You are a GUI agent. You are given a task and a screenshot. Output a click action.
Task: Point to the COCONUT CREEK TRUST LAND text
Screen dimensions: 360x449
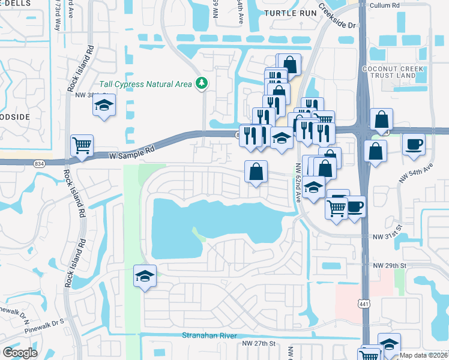click(402, 73)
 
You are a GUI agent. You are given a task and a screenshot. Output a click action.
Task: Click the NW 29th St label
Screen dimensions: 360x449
click(390, 265)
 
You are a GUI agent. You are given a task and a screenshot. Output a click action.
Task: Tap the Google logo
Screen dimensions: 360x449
click(20, 353)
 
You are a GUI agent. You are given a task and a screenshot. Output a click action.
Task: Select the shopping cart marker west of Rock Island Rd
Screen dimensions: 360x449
click(82, 145)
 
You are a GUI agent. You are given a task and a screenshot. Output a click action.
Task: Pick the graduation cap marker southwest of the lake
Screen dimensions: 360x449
click(145, 276)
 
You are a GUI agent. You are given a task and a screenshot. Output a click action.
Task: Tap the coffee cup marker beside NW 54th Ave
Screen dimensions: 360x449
click(414, 145)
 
